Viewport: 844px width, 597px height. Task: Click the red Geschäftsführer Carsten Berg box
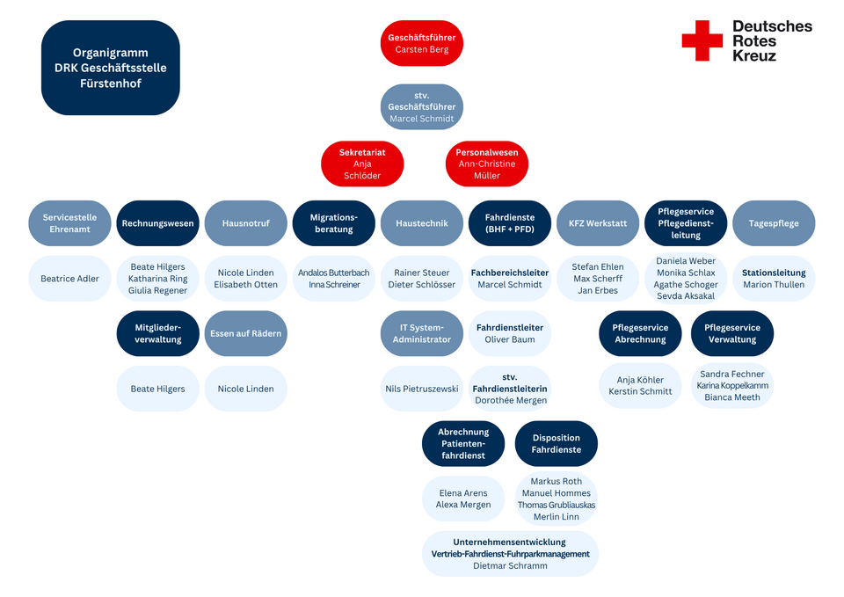421,43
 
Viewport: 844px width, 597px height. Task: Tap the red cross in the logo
702,40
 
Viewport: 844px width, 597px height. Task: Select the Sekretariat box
362,164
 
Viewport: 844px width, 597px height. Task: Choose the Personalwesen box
486,164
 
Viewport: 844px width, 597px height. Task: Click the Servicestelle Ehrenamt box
70,223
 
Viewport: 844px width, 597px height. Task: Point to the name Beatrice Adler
70,279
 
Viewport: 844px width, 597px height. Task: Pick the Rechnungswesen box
157,223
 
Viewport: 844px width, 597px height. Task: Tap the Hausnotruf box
246,223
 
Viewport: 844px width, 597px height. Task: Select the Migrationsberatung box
334,223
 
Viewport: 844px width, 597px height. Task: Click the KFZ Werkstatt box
598,223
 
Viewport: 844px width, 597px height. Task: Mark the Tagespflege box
774,223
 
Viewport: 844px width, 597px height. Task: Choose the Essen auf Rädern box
246,333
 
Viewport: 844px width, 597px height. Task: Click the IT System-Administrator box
421,333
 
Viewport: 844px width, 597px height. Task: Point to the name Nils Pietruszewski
421,389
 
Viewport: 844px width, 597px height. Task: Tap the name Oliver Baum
510,339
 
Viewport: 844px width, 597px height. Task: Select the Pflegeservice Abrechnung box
640,333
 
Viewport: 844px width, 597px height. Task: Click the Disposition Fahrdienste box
556,444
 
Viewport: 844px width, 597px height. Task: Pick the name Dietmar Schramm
510,565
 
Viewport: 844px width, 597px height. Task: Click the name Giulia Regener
157,290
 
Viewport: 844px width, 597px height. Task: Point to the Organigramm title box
111,68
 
